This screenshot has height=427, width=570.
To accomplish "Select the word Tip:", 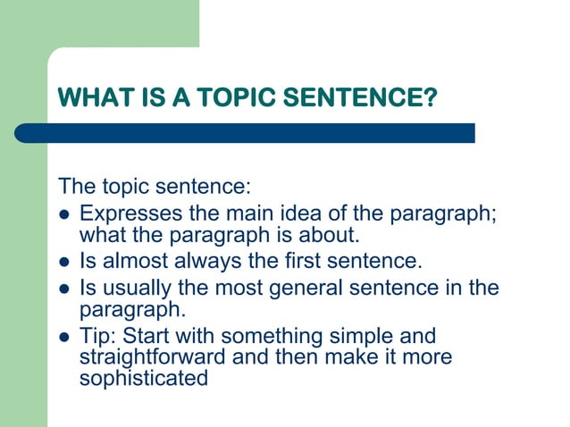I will (97, 337).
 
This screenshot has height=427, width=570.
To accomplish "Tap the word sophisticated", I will (143, 378).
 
